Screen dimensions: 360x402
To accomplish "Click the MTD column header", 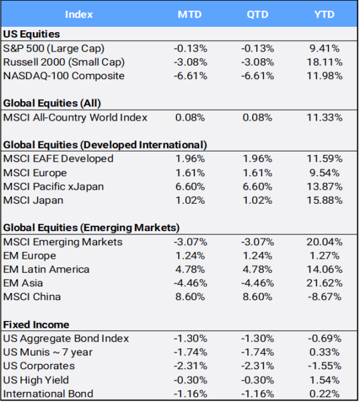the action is pos(190,14).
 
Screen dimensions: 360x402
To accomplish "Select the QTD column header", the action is pos(257,14).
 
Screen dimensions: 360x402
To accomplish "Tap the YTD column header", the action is pos(324,14).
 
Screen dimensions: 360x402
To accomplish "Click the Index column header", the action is pos(79,14).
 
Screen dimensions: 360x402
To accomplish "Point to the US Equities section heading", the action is pos(32,34).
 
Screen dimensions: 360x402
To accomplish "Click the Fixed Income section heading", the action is pos(36,324).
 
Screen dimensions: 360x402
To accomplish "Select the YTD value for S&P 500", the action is pos(324,48).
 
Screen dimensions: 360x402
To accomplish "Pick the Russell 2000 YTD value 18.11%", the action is pos(324,62).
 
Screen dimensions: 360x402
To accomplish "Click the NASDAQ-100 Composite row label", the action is pos(64,76).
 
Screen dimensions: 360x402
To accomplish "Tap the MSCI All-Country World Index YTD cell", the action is pos(324,118).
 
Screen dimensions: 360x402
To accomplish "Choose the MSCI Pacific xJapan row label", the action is pos(54,187).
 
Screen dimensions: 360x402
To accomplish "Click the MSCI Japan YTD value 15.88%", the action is pos(324,200).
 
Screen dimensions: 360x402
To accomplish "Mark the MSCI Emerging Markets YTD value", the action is pos(324,242).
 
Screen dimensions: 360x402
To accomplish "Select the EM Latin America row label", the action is pos(46,269).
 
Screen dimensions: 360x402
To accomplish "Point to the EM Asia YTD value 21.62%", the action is pos(324,283).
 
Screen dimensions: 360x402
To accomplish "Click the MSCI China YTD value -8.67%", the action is pos(324,297).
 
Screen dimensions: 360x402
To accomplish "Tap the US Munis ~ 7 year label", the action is pos(48,352).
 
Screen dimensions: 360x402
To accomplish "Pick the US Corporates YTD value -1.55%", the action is pos(324,366).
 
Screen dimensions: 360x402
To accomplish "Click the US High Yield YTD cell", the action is pos(324,380).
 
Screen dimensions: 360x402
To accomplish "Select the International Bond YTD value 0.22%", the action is pos(324,394).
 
